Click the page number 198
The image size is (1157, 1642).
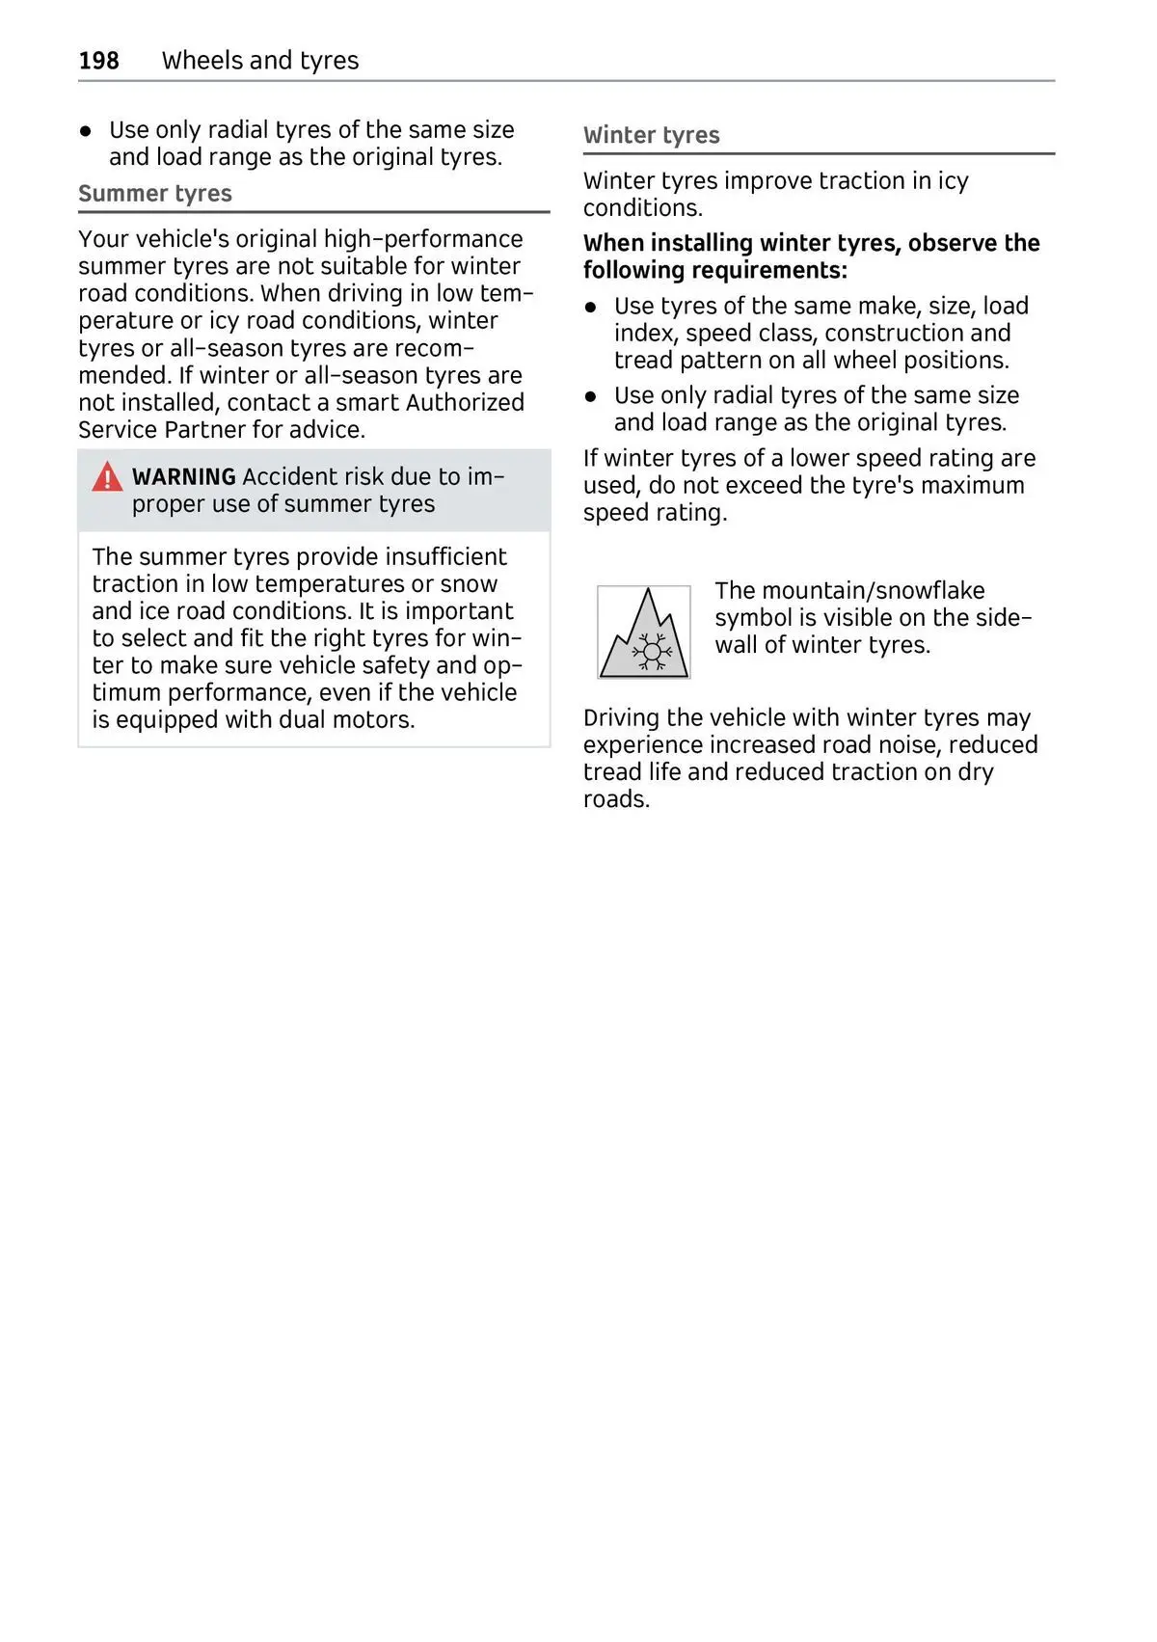click(98, 61)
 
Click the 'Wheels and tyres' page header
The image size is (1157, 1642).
click(260, 61)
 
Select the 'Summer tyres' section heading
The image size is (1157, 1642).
click(155, 194)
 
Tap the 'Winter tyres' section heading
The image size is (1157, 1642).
click(652, 136)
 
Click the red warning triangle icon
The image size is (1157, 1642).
click(107, 477)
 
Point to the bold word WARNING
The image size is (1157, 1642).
click(184, 477)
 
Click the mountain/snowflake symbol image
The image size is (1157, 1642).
click(643, 633)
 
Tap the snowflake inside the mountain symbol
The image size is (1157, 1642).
click(652, 652)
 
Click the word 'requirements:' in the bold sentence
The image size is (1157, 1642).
click(782, 271)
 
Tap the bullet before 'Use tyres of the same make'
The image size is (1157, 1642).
click(591, 307)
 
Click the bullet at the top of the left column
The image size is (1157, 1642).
click(86, 130)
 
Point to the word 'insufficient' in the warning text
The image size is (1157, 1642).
click(445, 557)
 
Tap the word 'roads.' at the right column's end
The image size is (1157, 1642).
click(616, 799)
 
